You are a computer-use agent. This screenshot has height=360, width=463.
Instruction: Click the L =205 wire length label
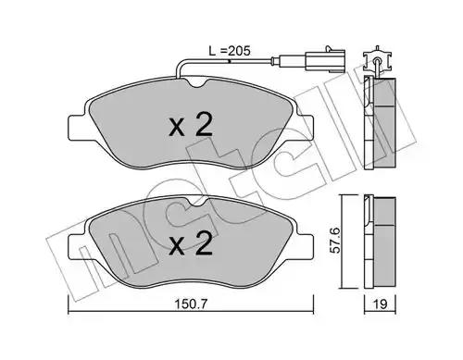230,51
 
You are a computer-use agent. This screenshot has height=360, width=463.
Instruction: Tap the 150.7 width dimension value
191,304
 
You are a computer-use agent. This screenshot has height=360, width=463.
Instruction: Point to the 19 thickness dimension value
381,304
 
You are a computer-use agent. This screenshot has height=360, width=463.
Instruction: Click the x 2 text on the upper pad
191,125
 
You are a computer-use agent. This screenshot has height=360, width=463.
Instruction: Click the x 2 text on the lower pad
191,243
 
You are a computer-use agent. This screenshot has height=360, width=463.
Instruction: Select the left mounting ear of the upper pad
77,127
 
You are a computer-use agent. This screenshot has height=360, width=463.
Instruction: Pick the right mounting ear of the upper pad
305,127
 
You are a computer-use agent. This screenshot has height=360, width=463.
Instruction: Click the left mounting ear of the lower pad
77,246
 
